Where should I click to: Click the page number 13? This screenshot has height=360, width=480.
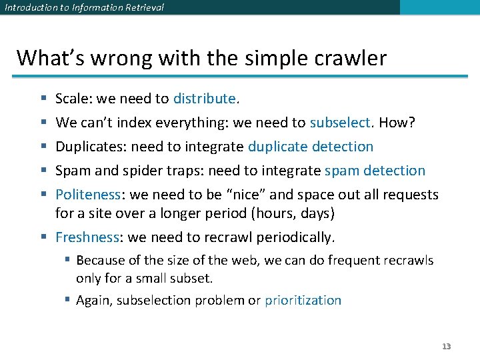447,346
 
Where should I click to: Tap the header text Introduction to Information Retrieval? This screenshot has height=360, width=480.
83,7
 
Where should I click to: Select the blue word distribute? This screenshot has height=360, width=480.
204,99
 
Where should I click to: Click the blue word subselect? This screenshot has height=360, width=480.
339,123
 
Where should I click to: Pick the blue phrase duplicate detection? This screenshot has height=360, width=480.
310,147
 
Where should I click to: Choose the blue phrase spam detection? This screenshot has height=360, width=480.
375,171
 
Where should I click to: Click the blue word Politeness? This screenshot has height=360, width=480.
87,195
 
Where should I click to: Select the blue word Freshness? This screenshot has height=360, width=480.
86,237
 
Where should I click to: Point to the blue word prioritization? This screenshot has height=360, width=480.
303,300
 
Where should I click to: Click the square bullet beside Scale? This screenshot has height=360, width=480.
43,99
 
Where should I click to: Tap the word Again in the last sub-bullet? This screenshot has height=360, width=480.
94,300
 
